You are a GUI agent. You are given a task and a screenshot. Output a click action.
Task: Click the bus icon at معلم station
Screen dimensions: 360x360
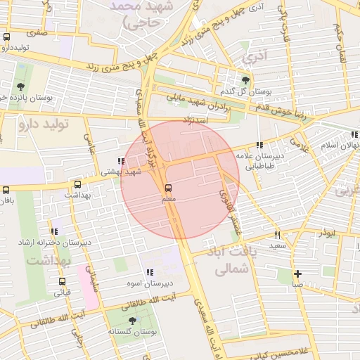(167, 188)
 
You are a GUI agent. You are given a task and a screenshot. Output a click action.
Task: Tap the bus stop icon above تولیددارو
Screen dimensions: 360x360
(7, 37)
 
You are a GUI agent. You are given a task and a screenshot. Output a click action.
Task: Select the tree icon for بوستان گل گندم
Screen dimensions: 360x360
(245, 80)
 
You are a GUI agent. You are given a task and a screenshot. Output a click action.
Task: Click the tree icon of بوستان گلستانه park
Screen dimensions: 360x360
(132, 320)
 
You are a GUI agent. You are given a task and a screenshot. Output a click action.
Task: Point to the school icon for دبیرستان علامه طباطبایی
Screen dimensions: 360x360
(259, 146)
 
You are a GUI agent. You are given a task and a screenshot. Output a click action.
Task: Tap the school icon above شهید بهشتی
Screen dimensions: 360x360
(122, 161)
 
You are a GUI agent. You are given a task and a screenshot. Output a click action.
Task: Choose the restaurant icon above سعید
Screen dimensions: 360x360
(278, 235)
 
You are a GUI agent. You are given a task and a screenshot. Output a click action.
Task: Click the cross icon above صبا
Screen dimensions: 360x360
(298, 274)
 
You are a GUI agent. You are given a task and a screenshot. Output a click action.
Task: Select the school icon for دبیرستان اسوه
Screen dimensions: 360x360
(149, 272)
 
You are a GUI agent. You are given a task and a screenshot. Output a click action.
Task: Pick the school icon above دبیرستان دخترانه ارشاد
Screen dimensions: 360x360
(54, 231)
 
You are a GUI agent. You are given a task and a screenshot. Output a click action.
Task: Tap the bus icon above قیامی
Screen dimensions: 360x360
(63, 281)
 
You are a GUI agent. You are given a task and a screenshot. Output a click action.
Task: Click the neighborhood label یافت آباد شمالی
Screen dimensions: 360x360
(230, 260)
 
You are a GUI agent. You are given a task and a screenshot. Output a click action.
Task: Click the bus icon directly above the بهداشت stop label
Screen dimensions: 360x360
(77, 185)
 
